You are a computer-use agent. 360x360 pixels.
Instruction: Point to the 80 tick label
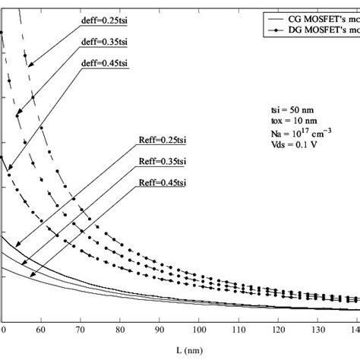tap(120, 330)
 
